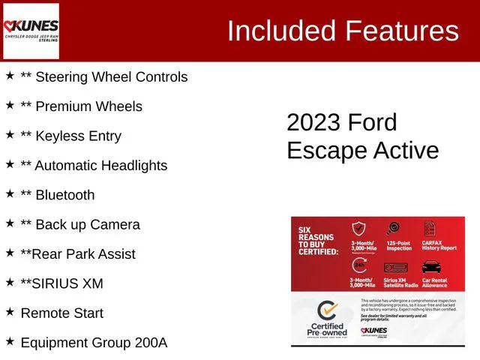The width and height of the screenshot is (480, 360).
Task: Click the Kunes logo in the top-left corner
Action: click(31, 31)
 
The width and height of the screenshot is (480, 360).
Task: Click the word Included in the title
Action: click(281, 31)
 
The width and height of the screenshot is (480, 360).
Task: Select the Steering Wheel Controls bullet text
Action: click(103, 76)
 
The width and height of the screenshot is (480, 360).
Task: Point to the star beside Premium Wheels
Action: click(10, 106)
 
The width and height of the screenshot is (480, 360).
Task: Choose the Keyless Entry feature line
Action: click(70, 136)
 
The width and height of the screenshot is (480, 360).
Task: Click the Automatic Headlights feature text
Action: click(94, 165)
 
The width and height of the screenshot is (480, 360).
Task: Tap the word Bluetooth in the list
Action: click(65, 195)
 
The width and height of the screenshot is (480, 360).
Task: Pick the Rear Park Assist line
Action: click(78, 253)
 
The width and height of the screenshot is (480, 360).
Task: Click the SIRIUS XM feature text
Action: click(61, 283)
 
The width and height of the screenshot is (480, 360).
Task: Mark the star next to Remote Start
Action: click(10, 312)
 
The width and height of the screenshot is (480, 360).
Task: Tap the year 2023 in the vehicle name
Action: click(313, 122)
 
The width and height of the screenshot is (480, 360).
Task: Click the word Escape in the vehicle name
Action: click(323, 150)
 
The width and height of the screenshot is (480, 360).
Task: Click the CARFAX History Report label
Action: click(439, 244)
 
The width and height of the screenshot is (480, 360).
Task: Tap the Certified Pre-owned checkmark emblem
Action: click(326, 311)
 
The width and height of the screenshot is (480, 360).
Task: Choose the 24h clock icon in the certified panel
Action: click(359, 266)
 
